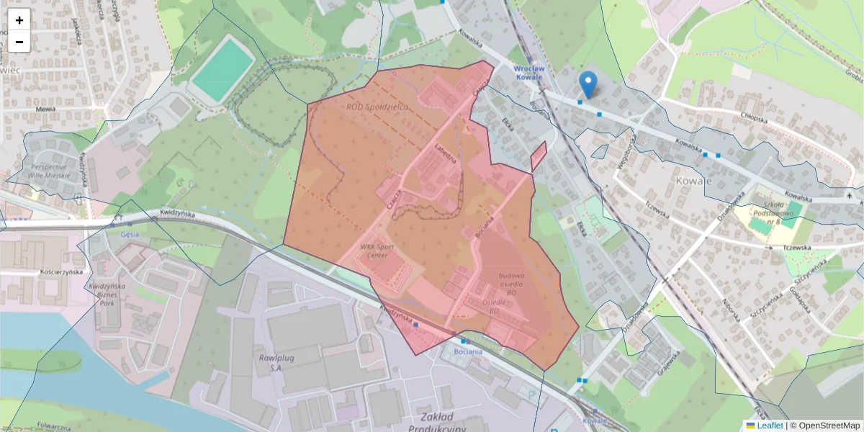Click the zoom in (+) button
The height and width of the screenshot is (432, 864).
pos(19,20)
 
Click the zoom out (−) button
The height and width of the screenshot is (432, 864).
pos(19,42)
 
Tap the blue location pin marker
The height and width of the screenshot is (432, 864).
pos(588,85)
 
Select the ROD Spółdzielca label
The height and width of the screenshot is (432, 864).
pos(377,107)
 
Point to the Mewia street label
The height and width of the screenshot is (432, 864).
pos(45,110)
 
